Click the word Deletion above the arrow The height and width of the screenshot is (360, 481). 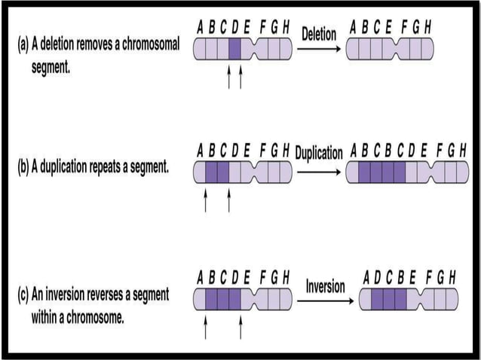click(x=319, y=34)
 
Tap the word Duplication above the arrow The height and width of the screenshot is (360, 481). click(x=319, y=153)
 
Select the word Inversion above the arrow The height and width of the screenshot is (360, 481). click(x=325, y=286)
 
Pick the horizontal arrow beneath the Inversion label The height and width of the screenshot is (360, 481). click(x=325, y=301)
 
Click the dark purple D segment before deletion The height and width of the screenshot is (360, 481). click(x=234, y=50)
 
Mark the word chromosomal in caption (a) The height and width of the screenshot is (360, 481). click(x=148, y=44)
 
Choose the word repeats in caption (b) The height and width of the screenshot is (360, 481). click(x=106, y=166)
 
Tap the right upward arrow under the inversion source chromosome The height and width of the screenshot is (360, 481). click(x=240, y=327)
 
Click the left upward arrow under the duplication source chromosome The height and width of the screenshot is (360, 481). click(x=205, y=200)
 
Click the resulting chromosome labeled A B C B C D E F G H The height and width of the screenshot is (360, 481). click(x=402, y=172)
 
